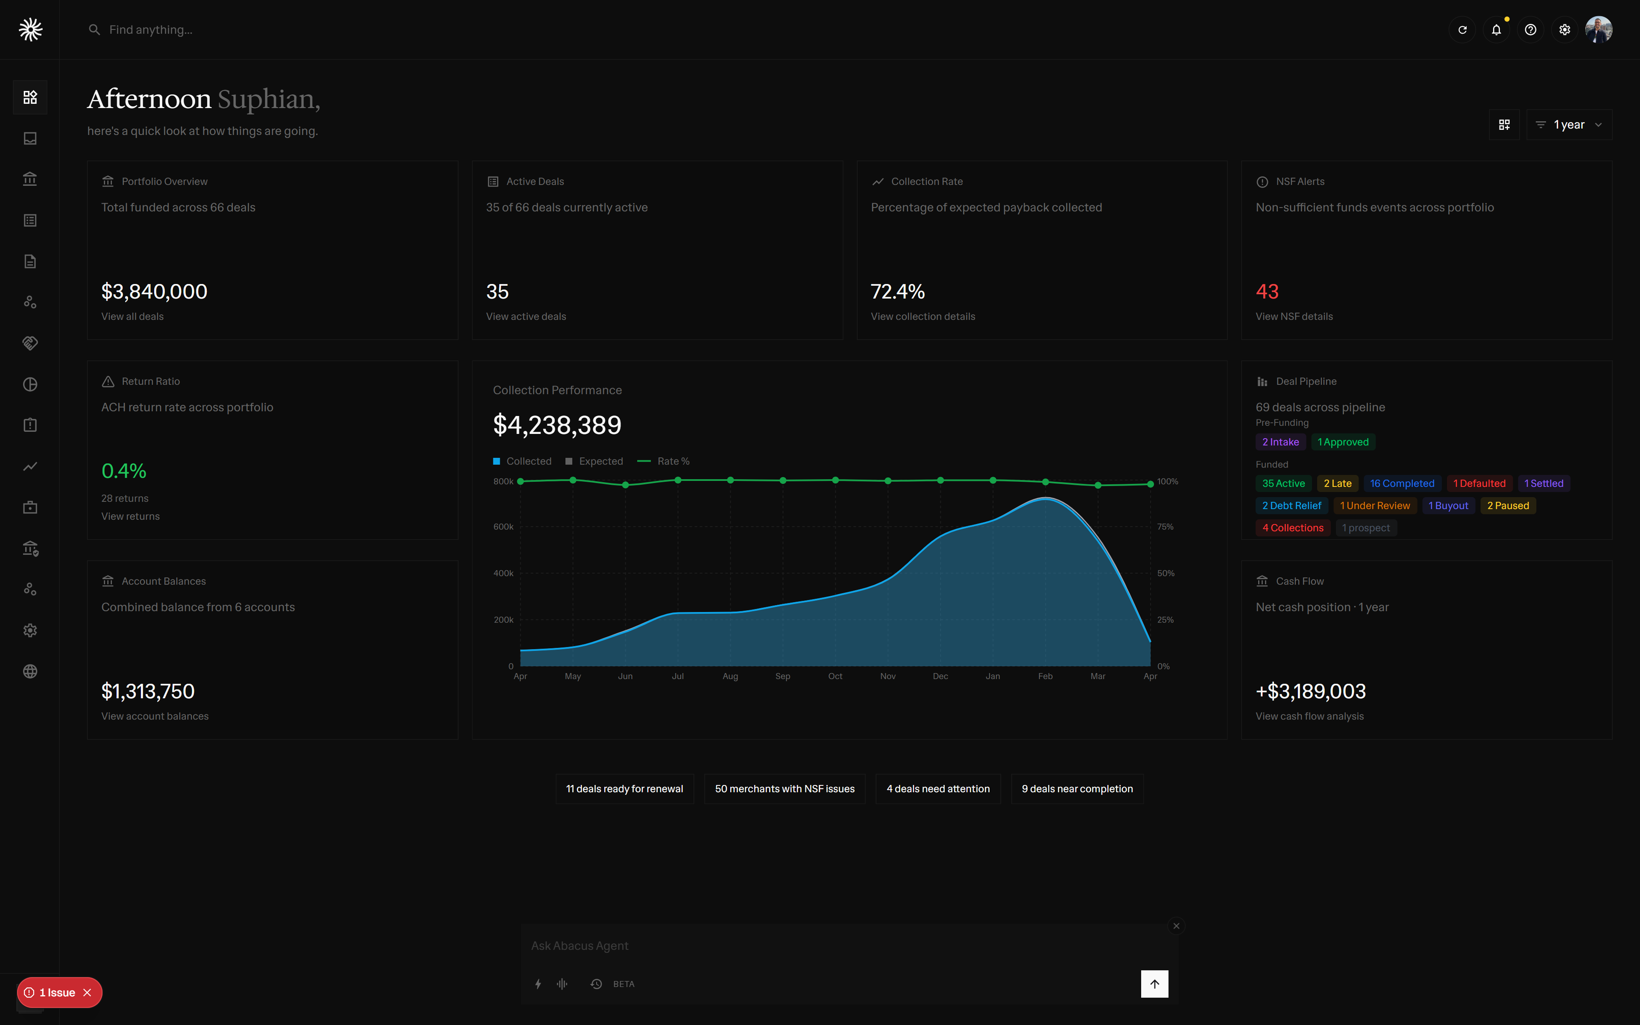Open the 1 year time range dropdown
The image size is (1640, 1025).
click(1569, 125)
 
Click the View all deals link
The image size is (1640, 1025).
click(132, 316)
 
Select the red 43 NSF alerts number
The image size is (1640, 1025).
click(1267, 292)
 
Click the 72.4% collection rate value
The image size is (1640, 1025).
click(897, 292)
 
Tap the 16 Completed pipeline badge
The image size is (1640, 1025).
click(1401, 483)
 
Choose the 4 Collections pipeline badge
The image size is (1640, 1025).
click(1292, 528)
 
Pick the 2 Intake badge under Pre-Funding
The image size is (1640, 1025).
click(1280, 442)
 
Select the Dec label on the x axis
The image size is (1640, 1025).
click(940, 676)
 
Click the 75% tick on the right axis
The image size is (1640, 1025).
click(1165, 527)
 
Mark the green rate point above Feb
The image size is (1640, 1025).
click(1045, 482)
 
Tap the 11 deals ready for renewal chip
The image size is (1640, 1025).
click(624, 789)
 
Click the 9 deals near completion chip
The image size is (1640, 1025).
click(1077, 789)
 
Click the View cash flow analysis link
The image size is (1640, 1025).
click(1309, 717)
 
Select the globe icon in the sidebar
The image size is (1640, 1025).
click(30, 671)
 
